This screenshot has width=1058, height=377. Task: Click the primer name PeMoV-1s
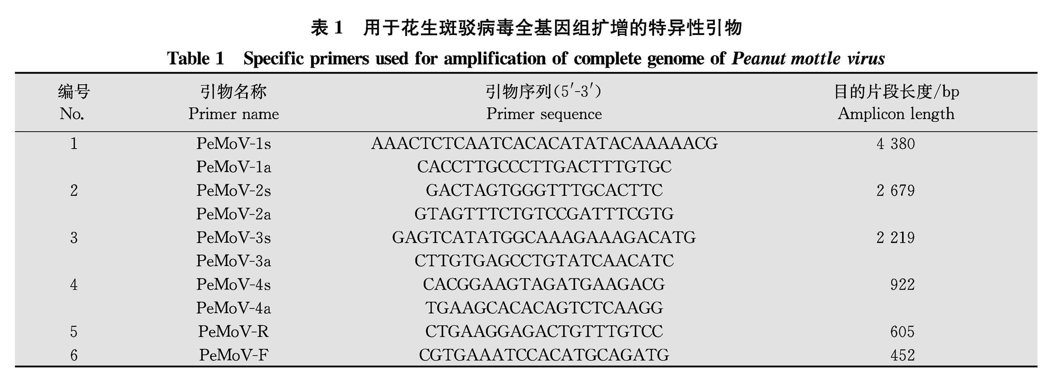click(x=233, y=144)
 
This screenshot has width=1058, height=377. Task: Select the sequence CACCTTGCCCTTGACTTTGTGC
click(x=544, y=167)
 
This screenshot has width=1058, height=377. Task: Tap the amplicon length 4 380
click(x=895, y=144)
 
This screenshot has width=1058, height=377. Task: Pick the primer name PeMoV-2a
click(x=233, y=214)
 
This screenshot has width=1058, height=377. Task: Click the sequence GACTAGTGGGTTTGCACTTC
click(x=544, y=190)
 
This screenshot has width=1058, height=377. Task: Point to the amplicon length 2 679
click(x=895, y=191)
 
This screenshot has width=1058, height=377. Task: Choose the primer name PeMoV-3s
click(x=233, y=238)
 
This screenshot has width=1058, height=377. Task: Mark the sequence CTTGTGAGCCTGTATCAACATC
click(x=544, y=261)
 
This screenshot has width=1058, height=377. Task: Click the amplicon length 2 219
click(x=895, y=238)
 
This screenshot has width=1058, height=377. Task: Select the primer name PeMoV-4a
click(x=233, y=308)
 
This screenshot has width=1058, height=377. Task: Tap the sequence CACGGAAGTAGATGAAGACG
click(x=544, y=284)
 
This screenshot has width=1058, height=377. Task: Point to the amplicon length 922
click(x=902, y=284)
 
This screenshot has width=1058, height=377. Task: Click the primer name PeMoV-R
click(x=233, y=331)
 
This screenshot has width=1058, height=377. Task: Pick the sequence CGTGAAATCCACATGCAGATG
click(x=544, y=355)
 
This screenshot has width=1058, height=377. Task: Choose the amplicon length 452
click(x=902, y=355)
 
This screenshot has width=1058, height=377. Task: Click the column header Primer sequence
click(x=544, y=114)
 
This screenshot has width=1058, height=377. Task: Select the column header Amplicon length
click(x=896, y=114)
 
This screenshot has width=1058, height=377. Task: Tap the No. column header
click(x=72, y=114)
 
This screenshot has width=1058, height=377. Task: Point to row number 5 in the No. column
click(x=74, y=331)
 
